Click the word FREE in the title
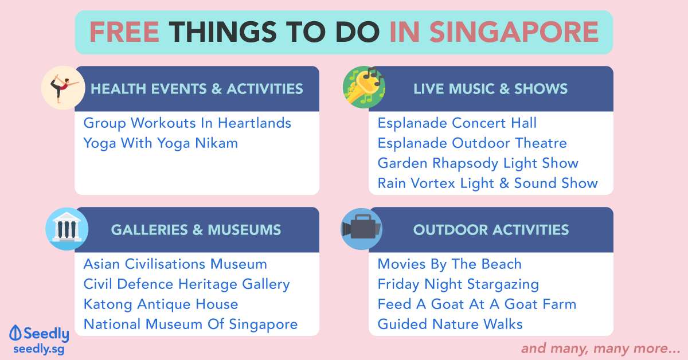pos(124,32)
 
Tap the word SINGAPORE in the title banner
pos(514,32)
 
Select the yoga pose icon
pos(63,88)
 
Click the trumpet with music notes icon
pos(364,87)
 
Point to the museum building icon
pos(67,229)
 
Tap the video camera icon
pos(362,229)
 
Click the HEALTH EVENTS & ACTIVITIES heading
pos(197,89)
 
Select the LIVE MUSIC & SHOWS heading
pos(491,89)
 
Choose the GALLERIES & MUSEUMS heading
pos(196,230)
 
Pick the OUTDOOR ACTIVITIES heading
pos(491,230)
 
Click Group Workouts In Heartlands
pos(187,123)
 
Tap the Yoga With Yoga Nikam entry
pos(161,143)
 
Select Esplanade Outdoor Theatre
pos(472,143)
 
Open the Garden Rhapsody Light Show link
pos(478,163)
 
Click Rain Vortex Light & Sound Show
pos(488,183)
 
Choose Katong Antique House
pos(161,305)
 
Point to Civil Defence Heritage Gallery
pos(186,284)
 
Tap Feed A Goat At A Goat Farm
pos(477,304)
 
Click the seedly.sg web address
pos(39,349)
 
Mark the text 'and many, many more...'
pos(601,349)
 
